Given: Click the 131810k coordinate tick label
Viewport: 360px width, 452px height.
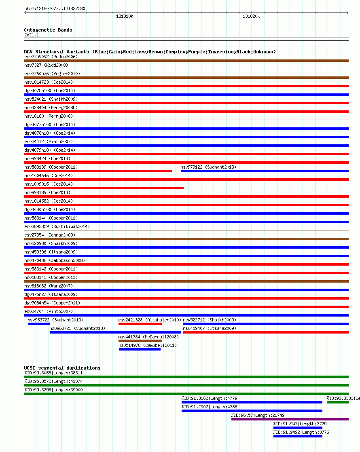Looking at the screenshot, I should point(125,17).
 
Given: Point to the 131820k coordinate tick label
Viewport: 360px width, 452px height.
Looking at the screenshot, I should point(251,17).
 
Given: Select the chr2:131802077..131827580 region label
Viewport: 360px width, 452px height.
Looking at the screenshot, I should point(55,8).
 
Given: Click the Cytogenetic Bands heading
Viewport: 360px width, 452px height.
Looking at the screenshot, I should point(48,30).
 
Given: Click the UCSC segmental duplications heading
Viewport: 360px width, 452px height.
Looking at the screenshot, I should point(62,368).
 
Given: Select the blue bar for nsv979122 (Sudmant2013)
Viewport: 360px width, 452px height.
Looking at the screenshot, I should point(264,171).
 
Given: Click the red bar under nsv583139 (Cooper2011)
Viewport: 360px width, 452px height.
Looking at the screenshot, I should point(98,171).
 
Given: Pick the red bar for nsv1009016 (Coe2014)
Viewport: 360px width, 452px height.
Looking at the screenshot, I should point(104,188).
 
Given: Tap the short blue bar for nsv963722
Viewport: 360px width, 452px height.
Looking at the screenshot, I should point(39,324).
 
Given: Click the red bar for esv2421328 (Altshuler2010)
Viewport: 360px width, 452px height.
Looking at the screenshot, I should point(140,324).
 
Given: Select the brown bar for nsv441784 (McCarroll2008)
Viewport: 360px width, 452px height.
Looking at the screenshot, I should point(140,341).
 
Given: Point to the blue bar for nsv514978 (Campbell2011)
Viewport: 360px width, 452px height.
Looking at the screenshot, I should point(140,349).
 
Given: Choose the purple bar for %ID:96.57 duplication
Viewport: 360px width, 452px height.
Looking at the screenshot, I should point(290,419).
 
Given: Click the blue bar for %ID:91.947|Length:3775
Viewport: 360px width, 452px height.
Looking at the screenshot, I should point(298,428).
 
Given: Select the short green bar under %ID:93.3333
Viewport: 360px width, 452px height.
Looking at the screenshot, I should point(337,402).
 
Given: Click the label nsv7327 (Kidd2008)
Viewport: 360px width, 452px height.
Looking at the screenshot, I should point(46,65).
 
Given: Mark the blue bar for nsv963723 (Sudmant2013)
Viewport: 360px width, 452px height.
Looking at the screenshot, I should point(115,332).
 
